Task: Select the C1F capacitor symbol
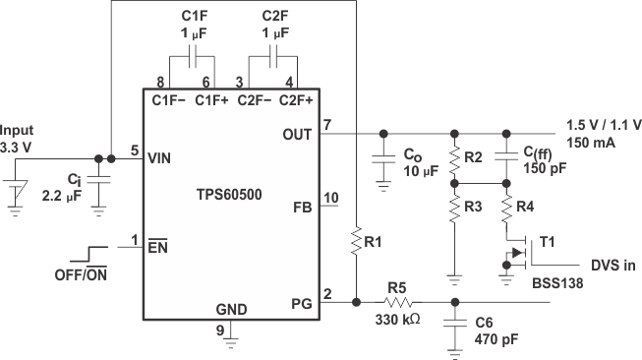192,56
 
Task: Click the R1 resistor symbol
355,239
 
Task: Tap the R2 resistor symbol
453,157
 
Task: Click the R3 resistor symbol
453,210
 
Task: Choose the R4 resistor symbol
506,210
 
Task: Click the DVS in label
613,266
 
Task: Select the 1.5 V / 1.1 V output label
604,124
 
